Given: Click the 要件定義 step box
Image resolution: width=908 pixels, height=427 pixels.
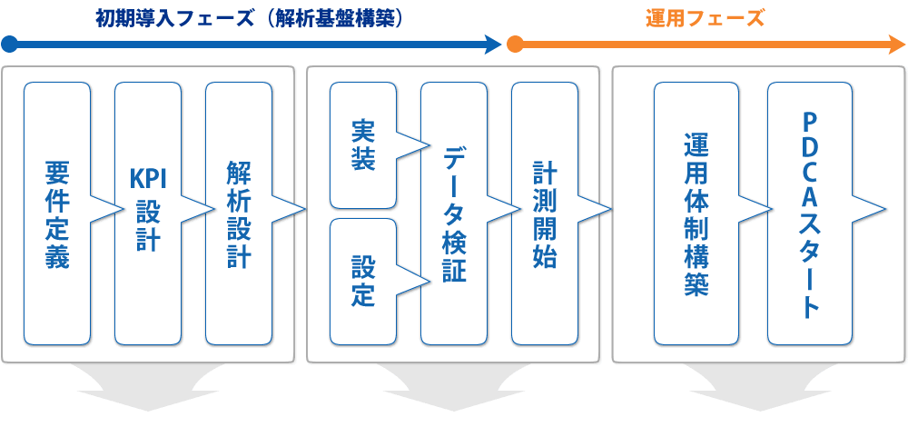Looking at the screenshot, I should [56, 213].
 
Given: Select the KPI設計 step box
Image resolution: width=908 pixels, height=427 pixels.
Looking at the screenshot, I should [147, 213].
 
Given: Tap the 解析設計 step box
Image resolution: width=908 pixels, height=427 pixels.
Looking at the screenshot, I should [238, 213].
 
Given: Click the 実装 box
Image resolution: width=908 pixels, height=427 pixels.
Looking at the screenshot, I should [363, 145].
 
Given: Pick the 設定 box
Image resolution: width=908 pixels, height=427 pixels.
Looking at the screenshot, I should [363, 282].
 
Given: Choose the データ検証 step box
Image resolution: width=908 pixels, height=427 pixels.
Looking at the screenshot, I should [454, 213].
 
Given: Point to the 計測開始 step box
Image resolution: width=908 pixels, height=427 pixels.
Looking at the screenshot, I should [545, 213].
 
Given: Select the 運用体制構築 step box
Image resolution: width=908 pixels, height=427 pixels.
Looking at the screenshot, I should [696, 213].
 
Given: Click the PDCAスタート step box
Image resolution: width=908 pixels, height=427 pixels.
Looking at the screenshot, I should [810, 213].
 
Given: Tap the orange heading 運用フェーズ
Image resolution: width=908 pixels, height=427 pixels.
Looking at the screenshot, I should [705, 17].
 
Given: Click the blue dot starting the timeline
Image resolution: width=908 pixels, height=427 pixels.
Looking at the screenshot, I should [9, 44].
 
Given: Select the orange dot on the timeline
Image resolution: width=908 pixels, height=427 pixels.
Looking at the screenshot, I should [515, 44].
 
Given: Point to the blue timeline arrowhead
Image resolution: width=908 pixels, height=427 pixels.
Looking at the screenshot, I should [494, 44].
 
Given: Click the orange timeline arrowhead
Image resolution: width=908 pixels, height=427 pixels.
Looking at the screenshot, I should [897, 44].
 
